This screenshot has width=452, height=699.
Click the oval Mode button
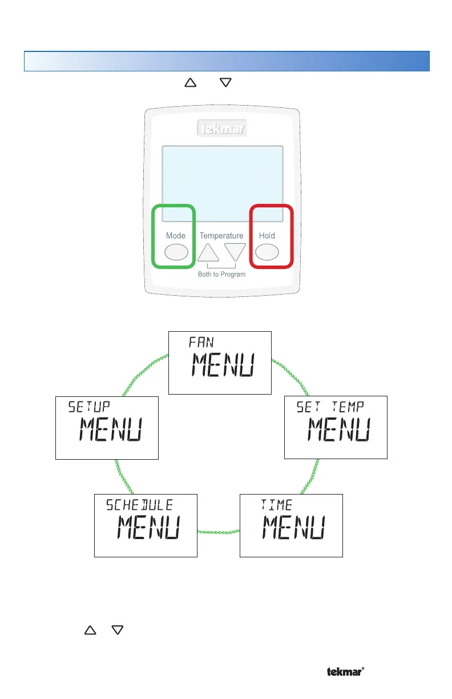pos(176,251)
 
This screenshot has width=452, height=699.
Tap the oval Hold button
pos(267,251)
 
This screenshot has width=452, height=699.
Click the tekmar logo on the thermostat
pos(222,129)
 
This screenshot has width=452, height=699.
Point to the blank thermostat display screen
pos(222,183)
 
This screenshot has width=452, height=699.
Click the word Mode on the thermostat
pos(176,235)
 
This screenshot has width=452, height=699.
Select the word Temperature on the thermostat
pos(221,235)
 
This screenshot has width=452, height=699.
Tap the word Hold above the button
pos(267,235)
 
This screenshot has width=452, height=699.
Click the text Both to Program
pos(221,274)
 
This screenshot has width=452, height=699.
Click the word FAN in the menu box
pos(201,342)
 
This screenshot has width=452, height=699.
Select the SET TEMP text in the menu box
pos(330,407)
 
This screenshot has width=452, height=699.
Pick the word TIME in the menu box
pos(277,505)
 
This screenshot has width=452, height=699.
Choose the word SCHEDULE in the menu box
pos(139,505)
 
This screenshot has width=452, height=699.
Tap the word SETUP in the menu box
pos(89,407)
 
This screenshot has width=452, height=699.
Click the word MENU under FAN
pos(223,366)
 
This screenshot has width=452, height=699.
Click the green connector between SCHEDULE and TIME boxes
pos(219,532)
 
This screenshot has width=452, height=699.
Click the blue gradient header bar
pos(226,61)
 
